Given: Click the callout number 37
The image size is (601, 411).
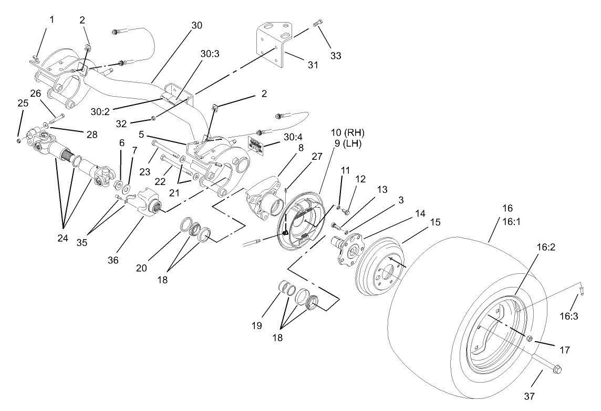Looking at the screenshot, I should point(543,394).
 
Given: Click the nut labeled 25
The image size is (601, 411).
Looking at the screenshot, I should point(19,141).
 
